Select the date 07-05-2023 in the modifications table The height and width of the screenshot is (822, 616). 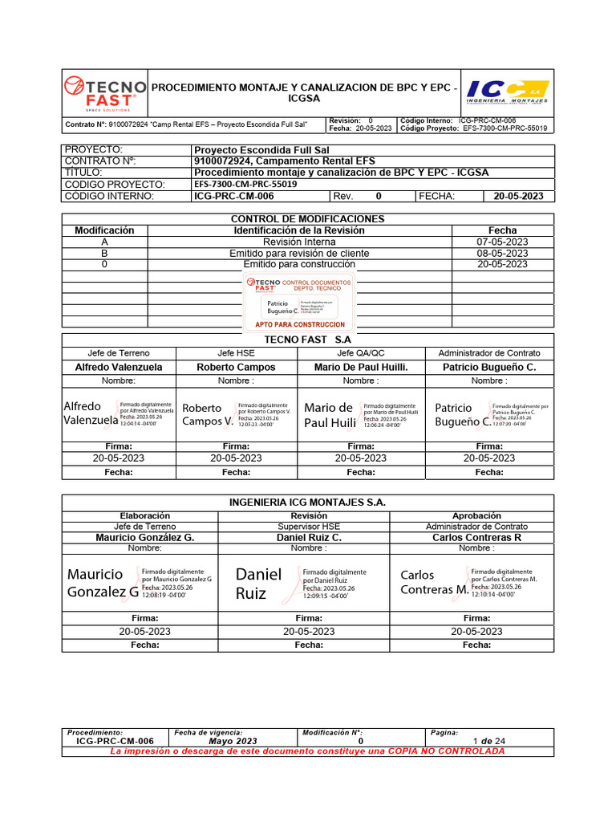pos(502,242)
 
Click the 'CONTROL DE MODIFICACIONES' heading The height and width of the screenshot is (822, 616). pos(307,219)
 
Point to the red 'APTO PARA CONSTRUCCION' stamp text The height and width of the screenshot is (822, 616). pos(299,324)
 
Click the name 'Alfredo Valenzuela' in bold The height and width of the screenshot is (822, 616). pos(118,367)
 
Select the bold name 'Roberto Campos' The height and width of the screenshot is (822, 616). pos(236,367)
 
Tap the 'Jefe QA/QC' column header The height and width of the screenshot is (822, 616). pos(360,353)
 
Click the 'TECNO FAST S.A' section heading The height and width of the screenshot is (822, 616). pos(307,340)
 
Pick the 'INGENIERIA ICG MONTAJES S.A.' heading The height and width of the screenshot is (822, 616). pos(307,503)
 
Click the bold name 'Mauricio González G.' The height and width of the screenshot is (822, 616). pos(145,537)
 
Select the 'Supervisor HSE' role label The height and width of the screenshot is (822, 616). pos(309,527)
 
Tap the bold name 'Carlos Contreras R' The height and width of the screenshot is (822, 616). pos(476,537)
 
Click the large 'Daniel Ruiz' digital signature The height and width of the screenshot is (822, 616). pos(259,584)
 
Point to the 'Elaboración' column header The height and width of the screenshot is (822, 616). pos(145,515)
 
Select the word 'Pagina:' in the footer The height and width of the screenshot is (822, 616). pos(444,733)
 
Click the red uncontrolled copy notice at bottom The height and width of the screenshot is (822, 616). pos(307,751)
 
